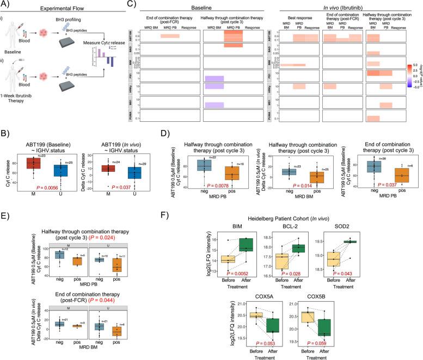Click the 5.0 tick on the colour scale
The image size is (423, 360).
(x=413, y=64)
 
